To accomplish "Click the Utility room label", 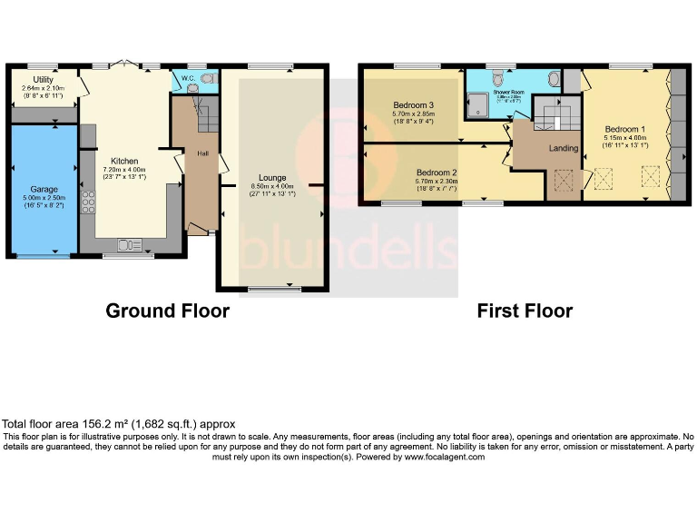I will point(43,80).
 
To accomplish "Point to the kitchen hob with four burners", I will point(89,201).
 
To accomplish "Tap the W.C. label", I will point(188,79).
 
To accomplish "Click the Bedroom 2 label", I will point(436,173).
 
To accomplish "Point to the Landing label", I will point(564,148).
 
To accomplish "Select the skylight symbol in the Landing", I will point(563,182).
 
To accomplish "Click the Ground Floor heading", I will point(167,311).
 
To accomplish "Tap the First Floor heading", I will point(525,311).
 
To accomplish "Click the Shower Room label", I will point(510,92).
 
